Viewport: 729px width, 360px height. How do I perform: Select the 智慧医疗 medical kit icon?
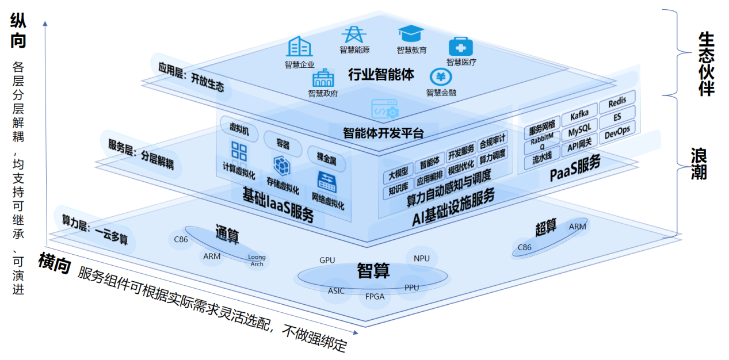(x=460, y=47)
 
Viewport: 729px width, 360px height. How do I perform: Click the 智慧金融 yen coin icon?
(x=441, y=77)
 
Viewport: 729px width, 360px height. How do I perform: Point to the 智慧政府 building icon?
(x=323, y=78)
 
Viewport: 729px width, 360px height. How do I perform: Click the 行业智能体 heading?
(x=380, y=74)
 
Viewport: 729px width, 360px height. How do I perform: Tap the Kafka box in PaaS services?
(x=579, y=117)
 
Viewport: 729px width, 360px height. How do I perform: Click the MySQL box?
(x=579, y=132)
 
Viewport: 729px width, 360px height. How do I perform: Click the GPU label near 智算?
(x=327, y=260)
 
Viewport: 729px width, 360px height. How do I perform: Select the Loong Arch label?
(x=257, y=261)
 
